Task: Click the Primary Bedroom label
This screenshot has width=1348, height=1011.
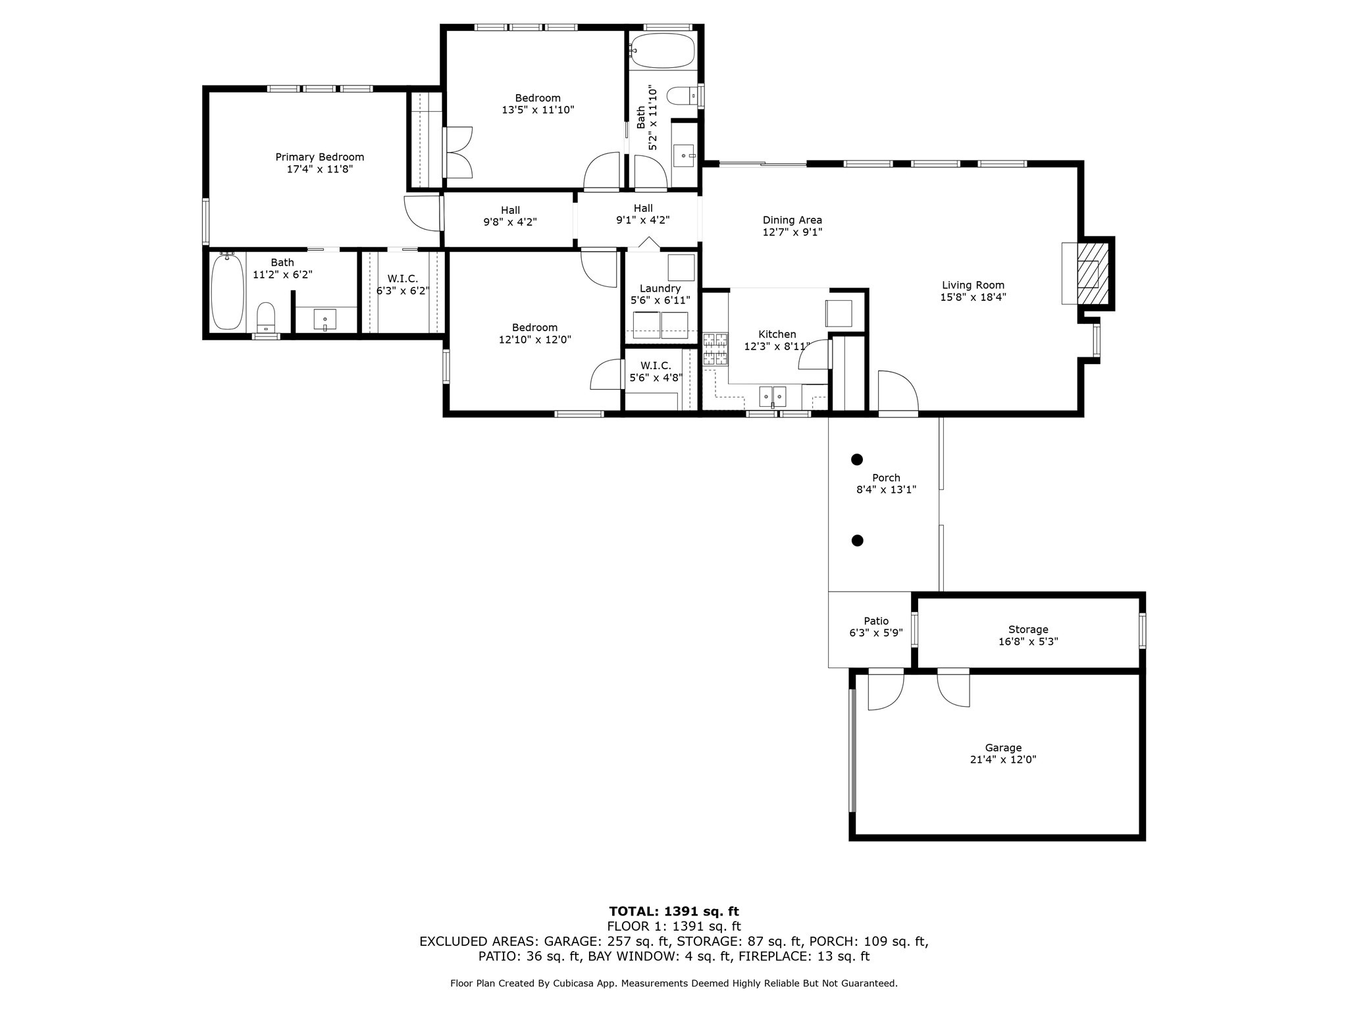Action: point(319,157)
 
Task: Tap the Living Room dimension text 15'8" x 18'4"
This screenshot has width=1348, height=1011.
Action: point(973,297)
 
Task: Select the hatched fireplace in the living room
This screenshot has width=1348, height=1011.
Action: point(1093,273)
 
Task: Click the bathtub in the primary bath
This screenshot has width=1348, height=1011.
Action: point(228,292)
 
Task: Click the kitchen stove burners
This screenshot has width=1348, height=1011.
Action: point(715,350)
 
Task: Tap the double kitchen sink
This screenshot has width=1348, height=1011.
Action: point(773,397)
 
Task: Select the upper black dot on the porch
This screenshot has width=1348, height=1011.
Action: point(857,459)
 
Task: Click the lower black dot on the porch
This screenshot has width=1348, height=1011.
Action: point(857,540)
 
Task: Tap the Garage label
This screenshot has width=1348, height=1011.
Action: point(1003,748)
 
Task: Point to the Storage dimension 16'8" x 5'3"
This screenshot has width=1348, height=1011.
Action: point(1028,641)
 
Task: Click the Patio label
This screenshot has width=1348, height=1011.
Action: point(876,621)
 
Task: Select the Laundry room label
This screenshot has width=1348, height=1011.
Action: point(660,288)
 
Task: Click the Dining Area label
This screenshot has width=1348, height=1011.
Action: point(792,220)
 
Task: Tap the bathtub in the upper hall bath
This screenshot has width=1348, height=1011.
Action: point(661,51)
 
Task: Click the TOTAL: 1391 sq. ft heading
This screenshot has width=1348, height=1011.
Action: point(674,912)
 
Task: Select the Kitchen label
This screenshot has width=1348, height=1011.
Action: point(777,334)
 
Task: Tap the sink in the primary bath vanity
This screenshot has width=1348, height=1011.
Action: point(325,321)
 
